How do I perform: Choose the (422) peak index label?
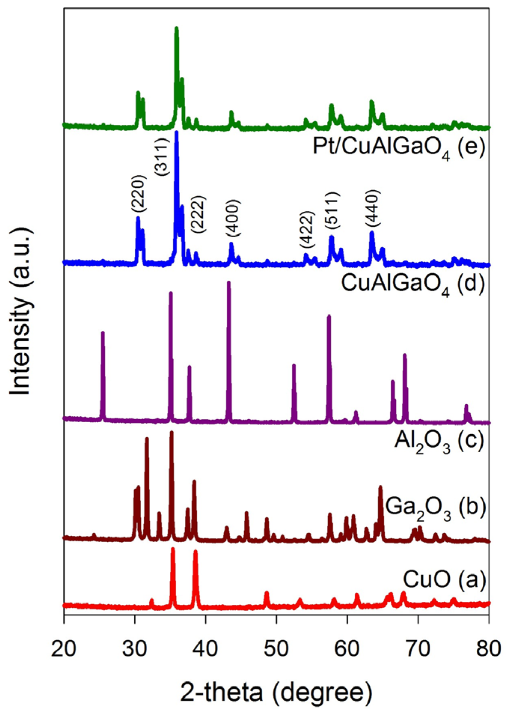click(307, 229)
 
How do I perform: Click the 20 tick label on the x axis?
click(64, 648)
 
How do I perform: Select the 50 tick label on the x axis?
click(277, 648)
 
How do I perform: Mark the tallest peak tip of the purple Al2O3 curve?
click(229, 283)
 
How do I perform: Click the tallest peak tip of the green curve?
click(177, 28)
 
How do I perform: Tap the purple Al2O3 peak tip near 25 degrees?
click(103, 333)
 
